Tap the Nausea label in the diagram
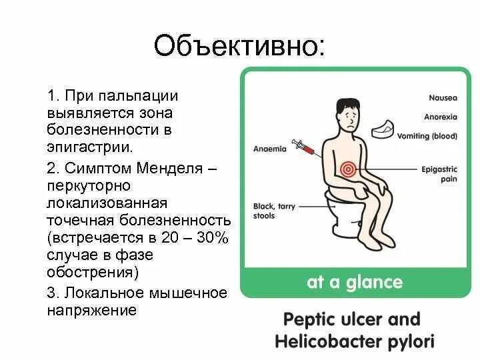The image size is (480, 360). point(443,98)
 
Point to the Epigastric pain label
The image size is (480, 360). point(439,175)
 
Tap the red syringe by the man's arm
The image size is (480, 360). point(303,147)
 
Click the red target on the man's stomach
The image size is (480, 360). point(346,169)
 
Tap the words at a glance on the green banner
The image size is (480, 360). point(354,282)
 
